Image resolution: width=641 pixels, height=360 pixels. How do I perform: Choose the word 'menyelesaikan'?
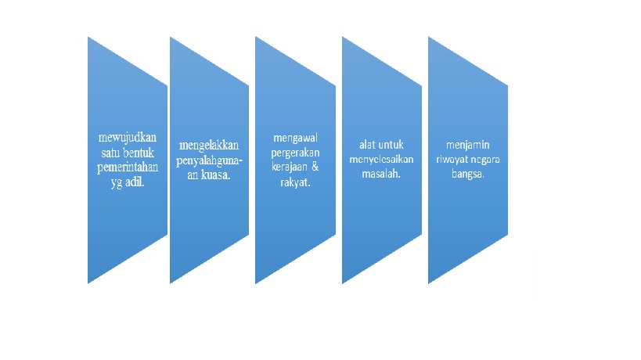[381, 160]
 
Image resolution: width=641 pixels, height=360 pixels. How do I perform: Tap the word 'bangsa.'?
[467, 175]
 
